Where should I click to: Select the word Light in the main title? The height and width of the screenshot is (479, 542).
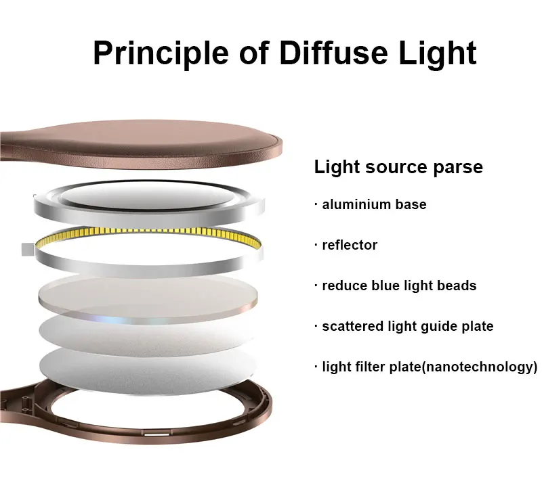tap(434, 53)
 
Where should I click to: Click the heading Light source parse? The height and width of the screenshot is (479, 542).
tap(398, 167)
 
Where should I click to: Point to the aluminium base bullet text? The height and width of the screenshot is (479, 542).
tap(374, 204)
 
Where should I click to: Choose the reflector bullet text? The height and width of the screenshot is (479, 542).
tap(350, 245)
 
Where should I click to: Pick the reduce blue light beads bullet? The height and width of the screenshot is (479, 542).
tap(399, 286)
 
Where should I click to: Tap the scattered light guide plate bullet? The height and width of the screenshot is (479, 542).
tap(407, 326)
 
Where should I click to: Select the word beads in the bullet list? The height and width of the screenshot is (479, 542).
tap(459, 286)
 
